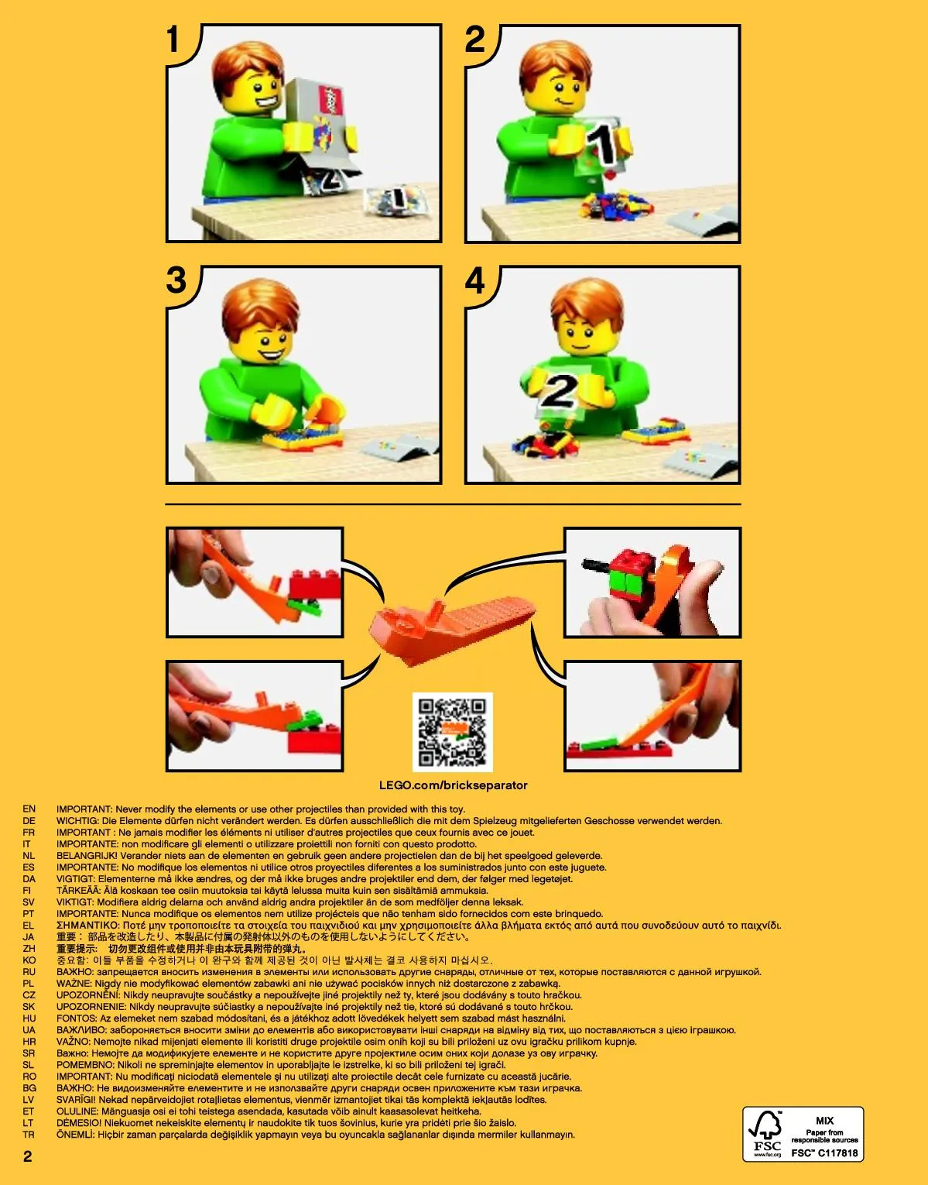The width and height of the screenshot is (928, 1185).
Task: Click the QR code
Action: coord(452,732)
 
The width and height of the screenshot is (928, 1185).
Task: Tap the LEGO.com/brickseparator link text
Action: coord(454,785)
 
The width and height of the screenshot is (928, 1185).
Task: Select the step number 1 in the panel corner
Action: coord(173,39)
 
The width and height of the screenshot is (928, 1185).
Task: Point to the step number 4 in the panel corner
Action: coord(474,281)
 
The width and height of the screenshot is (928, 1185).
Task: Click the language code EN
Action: coord(29,809)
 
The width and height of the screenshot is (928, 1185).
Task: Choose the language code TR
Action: coord(29,1135)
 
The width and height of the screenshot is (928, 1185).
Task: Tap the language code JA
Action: coord(29,937)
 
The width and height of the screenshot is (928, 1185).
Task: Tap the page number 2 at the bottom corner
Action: coord(28,1156)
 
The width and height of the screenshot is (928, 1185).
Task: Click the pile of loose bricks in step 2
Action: coord(616,205)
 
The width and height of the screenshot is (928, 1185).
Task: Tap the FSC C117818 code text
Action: coord(824,1153)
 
